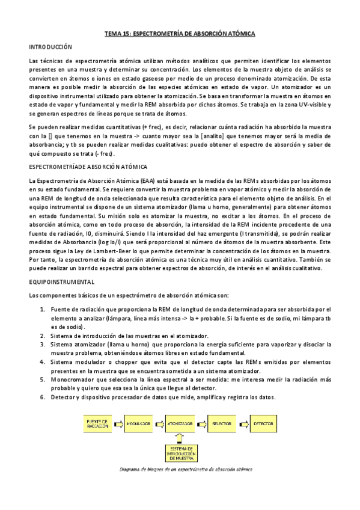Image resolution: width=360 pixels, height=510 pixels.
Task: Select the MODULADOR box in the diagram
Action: (x=139, y=424)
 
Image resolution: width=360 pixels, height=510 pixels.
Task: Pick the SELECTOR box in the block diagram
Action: (x=222, y=424)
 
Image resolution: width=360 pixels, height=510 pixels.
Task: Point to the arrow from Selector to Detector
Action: (x=243, y=424)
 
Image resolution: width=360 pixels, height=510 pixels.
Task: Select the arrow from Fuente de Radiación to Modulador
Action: (x=118, y=424)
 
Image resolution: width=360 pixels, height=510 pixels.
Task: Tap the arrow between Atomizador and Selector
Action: (x=201, y=424)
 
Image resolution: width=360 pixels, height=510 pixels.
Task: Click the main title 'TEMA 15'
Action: (x=180, y=34)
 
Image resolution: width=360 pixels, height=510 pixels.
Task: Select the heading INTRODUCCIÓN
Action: (x=50, y=47)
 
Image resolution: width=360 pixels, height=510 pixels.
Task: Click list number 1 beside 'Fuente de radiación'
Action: (x=43, y=309)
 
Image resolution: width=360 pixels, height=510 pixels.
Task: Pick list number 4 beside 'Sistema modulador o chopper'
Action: (x=43, y=363)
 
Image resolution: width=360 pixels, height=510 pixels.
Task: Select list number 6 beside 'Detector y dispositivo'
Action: (x=43, y=398)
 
